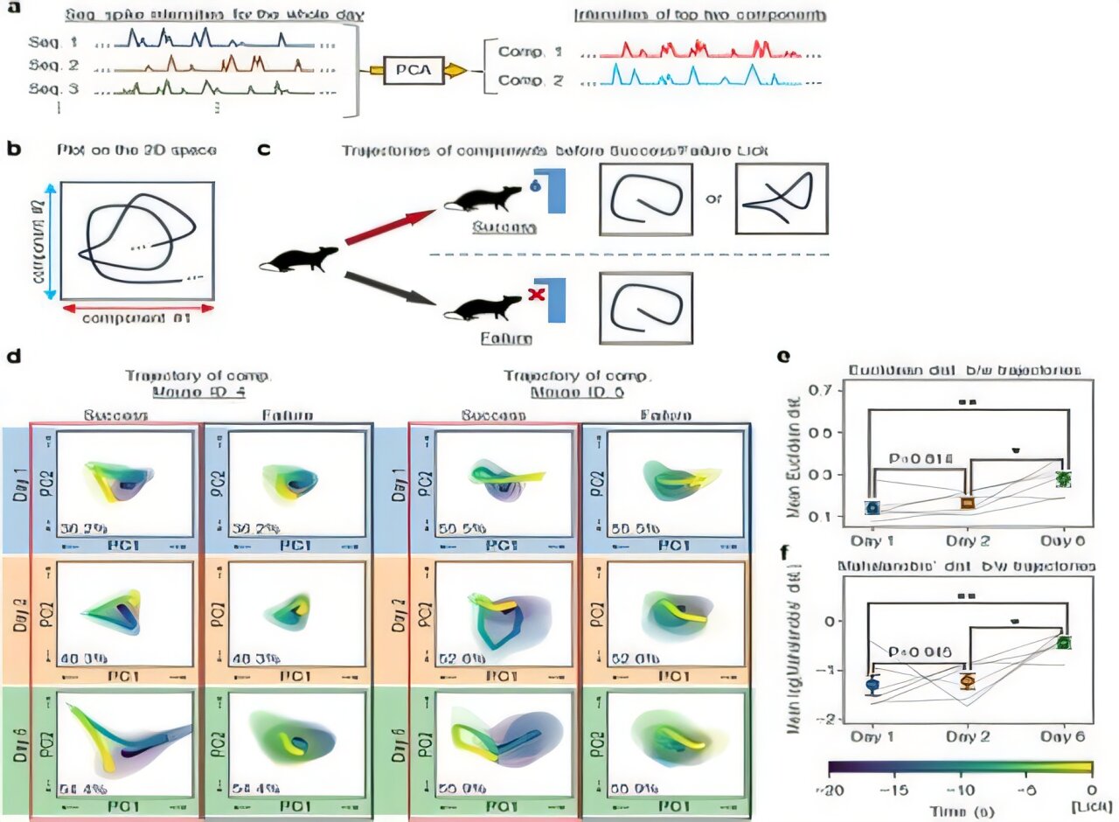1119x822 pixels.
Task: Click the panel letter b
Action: pyautogui.click(x=12, y=150)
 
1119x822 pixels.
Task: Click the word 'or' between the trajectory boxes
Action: pyautogui.click(x=712, y=199)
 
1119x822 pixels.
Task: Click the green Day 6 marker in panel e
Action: pyautogui.click(x=1062, y=478)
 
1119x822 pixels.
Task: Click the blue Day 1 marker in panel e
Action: pyautogui.click(x=872, y=507)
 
